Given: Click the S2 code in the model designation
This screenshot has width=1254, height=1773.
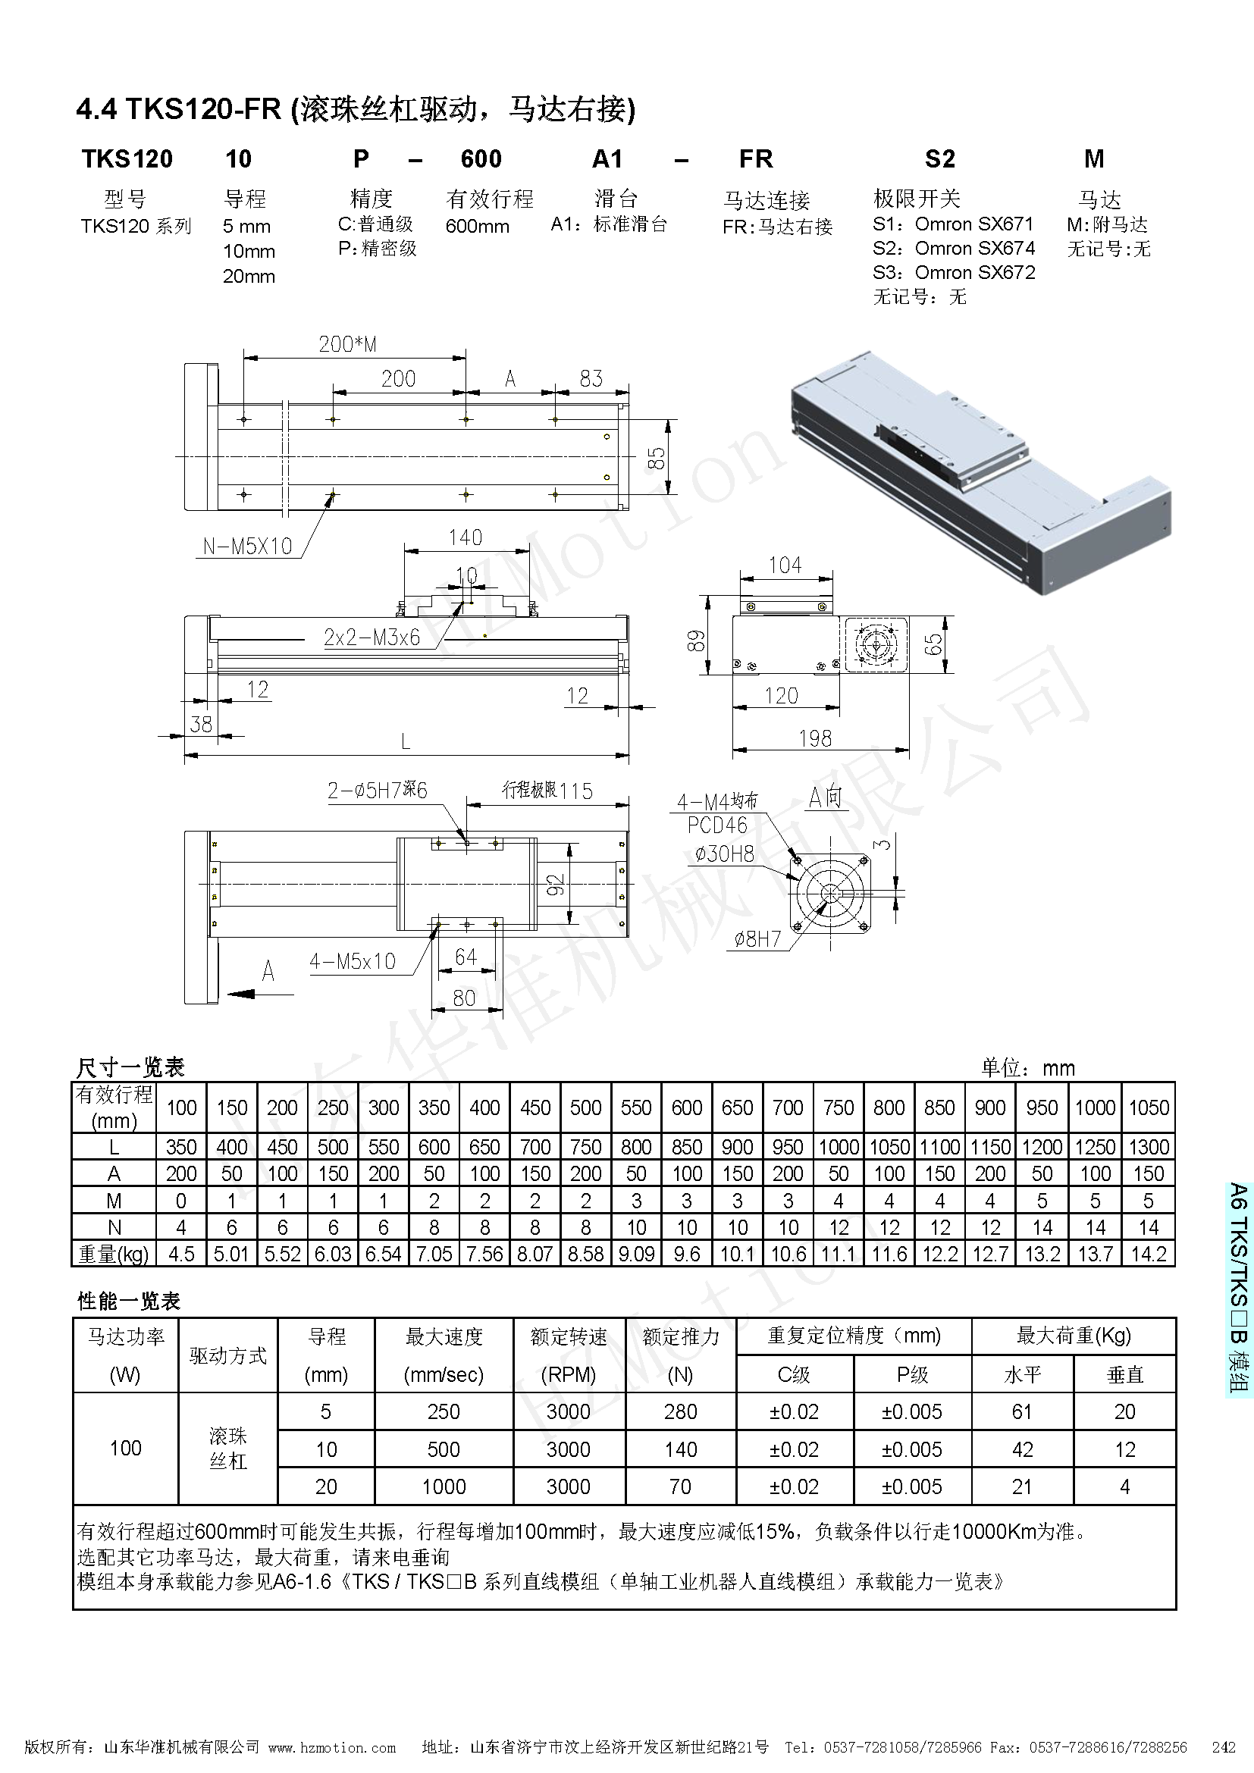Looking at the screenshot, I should point(939,159).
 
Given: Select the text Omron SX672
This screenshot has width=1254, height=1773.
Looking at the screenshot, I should point(974,273).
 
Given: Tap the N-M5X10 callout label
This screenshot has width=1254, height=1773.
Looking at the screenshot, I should point(247,547).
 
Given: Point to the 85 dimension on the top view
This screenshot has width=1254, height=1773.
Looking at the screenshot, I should point(657,459).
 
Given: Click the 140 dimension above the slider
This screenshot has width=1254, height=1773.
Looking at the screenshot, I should point(465,537).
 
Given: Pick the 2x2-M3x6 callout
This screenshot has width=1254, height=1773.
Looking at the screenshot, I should point(371,637).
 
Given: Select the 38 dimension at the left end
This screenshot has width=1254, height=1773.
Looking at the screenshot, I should point(201,724).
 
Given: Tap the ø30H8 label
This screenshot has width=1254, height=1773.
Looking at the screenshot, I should point(723,854).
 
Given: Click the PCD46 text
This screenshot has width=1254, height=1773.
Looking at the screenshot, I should point(717,825).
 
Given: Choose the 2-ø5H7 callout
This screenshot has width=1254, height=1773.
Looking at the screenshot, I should point(377,790).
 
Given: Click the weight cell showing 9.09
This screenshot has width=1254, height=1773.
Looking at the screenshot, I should point(636,1253).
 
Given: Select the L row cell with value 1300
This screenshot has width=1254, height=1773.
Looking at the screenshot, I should point(1148,1147).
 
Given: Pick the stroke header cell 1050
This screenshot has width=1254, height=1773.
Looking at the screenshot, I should point(1148,1108).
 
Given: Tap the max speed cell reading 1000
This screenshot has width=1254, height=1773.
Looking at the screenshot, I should point(444,1486).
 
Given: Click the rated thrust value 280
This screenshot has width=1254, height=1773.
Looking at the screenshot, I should point(679,1411).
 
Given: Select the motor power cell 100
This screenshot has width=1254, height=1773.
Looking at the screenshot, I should point(125,1448).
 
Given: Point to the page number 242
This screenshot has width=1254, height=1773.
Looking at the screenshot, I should point(1223,1747).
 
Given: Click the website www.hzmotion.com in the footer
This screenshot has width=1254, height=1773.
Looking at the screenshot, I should point(332,1747).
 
